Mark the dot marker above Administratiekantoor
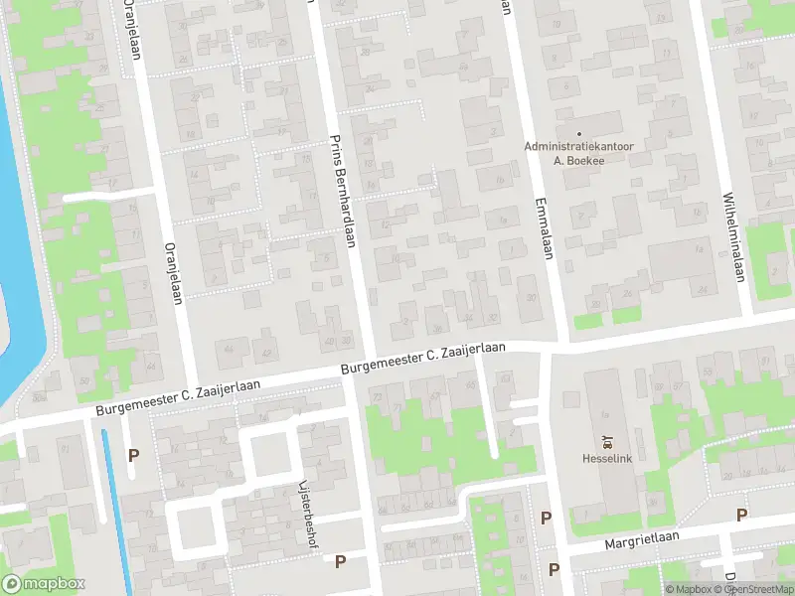point(578,132)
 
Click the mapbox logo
point(42,583)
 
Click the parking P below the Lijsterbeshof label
point(340,561)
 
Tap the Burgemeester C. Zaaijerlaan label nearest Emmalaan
point(423,360)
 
